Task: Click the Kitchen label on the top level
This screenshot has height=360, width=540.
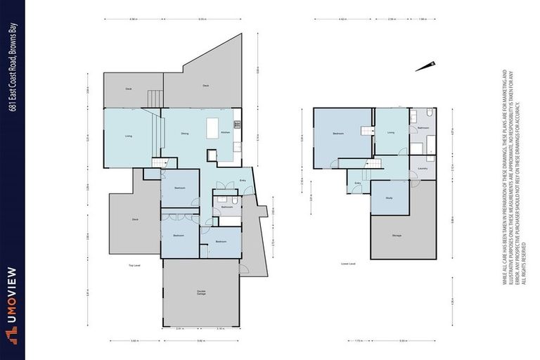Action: [x=226, y=132]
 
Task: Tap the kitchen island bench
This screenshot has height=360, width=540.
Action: [x=213, y=130]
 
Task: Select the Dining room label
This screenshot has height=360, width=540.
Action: [x=184, y=132]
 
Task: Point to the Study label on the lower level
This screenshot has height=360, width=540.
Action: [x=389, y=198]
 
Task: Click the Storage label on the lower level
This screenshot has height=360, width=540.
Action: [x=397, y=235]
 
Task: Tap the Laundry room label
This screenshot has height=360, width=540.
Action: [x=423, y=169]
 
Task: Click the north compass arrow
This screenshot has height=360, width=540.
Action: [x=423, y=67]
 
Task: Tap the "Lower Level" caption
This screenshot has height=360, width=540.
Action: [x=348, y=264]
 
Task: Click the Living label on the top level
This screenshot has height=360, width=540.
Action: [x=129, y=136]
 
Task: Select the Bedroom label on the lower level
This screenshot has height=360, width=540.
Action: [x=338, y=133]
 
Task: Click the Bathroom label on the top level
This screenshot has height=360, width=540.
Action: [x=226, y=207]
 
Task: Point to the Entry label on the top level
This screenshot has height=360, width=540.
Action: [x=243, y=180]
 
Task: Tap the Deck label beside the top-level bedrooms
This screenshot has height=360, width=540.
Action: [x=134, y=220]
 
